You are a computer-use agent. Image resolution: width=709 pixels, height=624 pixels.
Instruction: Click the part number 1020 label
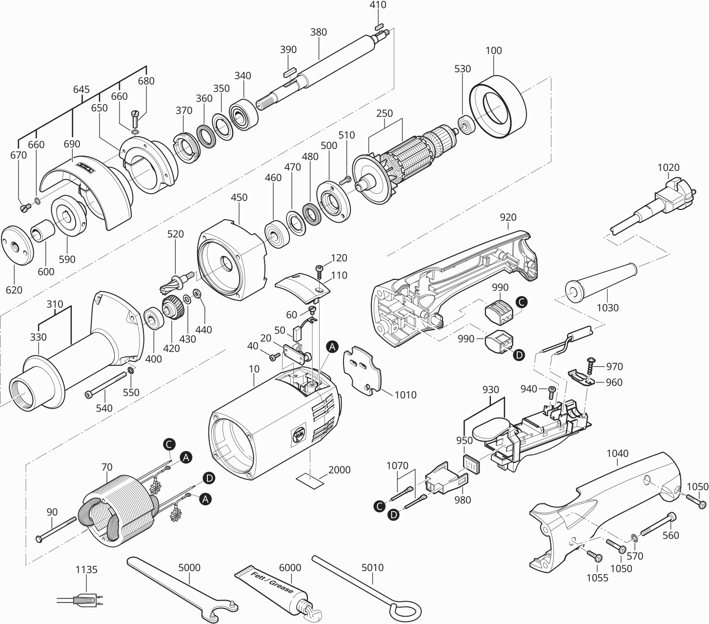[668, 167]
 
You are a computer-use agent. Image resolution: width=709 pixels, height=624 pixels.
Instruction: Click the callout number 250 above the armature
[385, 113]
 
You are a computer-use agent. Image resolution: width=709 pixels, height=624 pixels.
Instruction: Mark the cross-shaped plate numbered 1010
[364, 370]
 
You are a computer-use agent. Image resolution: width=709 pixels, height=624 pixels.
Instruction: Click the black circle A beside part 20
[332, 347]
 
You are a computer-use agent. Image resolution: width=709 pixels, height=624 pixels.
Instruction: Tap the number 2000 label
[339, 470]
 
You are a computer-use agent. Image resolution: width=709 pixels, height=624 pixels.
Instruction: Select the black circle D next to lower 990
[519, 355]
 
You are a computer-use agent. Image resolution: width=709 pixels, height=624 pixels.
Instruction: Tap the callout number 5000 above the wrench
[189, 568]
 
